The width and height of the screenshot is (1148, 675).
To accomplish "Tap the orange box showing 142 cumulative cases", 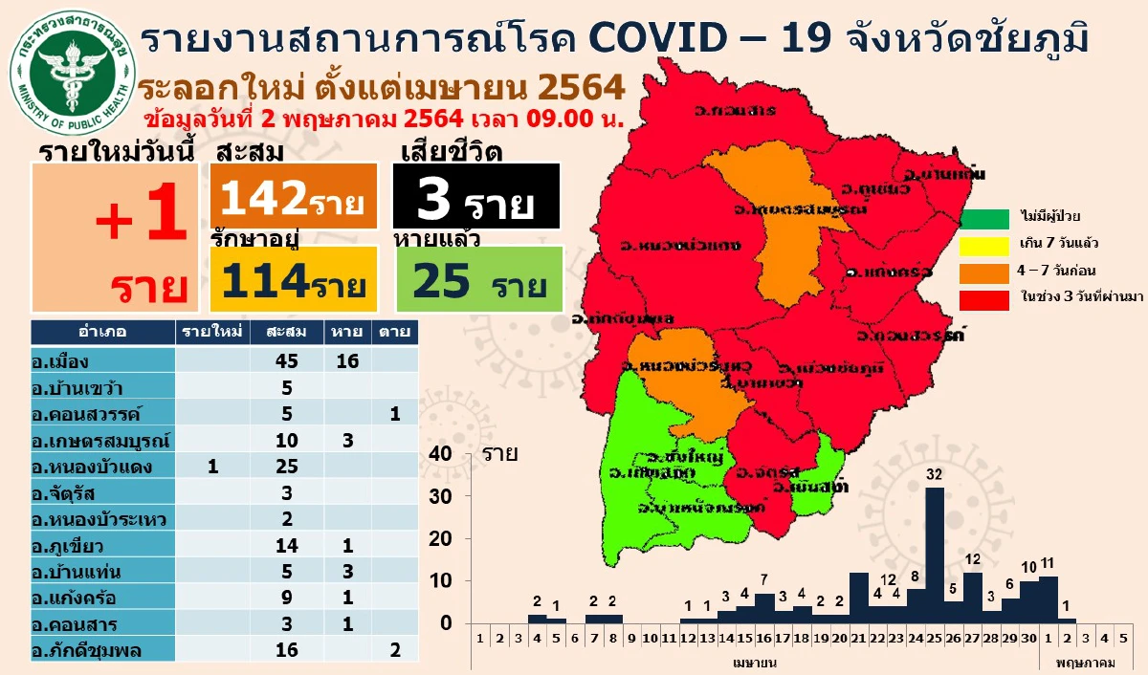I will (292, 197).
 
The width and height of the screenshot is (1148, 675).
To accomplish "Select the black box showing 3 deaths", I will (475, 197).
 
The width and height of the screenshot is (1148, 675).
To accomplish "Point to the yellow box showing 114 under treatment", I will (292, 279).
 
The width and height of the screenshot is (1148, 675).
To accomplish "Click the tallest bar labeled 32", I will (935, 555).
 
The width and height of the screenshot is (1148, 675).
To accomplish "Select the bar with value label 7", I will (764, 608).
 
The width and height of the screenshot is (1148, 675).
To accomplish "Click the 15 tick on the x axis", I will (745, 637).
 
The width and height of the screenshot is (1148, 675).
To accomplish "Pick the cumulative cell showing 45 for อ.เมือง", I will (287, 360).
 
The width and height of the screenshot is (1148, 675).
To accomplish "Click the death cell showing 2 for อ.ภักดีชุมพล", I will (395, 650).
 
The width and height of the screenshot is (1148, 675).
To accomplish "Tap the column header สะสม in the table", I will (287, 332).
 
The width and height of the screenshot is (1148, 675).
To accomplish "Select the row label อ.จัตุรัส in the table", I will (67, 493).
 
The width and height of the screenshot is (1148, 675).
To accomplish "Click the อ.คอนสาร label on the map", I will (737, 111).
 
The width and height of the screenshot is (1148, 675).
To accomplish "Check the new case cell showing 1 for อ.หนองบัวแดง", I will (212, 467).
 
